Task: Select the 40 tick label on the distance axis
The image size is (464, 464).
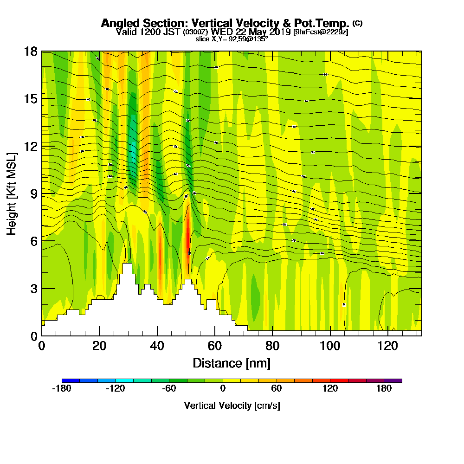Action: pyautogui.click(x=157, y=346)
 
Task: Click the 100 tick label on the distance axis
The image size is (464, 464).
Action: pyautogui.click(x=330, y=346)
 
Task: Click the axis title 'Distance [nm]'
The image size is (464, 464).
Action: pyautogui.click(x=232, y=363)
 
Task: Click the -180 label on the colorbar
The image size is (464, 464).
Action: pyautogui.click(x=62, y=389)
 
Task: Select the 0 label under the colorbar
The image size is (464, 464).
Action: pyautogui.click(x=223, y=389)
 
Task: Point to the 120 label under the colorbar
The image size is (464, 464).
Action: pyautogui.click(x=330, y=389)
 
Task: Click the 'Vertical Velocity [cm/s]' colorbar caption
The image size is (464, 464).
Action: pyautogui.click(x=232, y=406)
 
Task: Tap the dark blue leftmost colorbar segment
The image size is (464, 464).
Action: pyautogui.click(x=71, y=380)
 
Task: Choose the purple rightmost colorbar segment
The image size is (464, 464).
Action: pyautogui.click(x=393, y=380)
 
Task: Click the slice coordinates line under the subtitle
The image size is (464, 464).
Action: pyautogui.click(x=232, y=39)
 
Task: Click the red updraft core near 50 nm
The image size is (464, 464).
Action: pyautogui.click(x=188, y=232)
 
